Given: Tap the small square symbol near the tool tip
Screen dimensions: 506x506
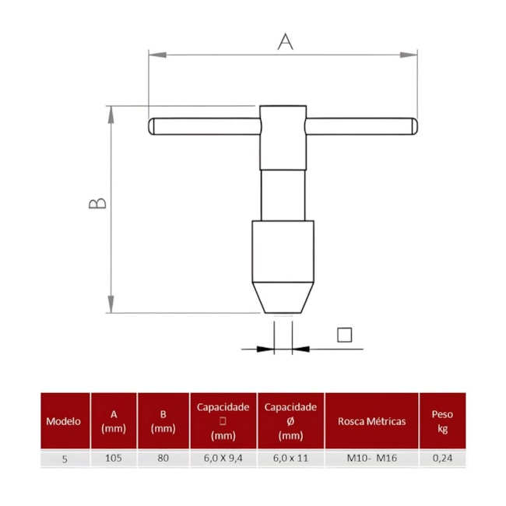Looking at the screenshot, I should tap(345, 335).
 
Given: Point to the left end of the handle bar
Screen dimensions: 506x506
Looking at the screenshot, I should tap(154, 126).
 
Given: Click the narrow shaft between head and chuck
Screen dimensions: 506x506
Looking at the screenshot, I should tap(283, 195).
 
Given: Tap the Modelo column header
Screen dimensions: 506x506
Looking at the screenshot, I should tap(64, 421).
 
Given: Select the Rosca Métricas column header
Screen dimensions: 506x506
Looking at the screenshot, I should tap(371, 421).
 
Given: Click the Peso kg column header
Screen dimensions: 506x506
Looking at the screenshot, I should tap(442, 421).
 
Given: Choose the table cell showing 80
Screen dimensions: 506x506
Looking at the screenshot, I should tap(163, 459).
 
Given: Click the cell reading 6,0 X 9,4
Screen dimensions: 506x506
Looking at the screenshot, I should tap(223, 459).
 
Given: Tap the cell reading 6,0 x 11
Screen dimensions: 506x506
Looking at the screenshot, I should tap(290, 459).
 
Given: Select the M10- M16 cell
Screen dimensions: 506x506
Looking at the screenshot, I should tap(371, 459).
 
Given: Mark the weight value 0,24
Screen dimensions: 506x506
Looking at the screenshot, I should tap(442, 459).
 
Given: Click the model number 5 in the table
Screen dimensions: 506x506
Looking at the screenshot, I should tap(64, 459).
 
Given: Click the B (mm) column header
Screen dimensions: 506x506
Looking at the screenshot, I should tap(163, 421).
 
